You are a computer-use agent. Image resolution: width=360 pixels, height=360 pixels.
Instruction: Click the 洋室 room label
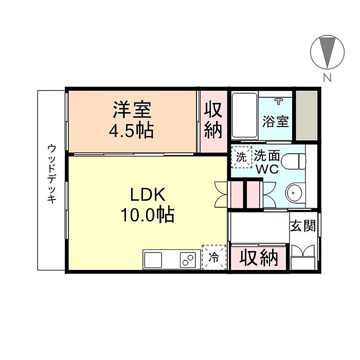tap(132, 110)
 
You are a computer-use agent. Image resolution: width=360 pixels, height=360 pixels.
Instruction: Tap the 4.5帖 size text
tap(131, 130)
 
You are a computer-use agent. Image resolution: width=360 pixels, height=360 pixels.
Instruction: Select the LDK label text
tap(148, 194)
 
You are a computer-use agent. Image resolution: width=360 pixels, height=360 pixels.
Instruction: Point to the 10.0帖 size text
tap(148, 215)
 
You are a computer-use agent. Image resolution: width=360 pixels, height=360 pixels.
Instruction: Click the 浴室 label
tap(276, 121)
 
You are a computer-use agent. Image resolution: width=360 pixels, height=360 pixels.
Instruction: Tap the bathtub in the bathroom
tap(244, 115)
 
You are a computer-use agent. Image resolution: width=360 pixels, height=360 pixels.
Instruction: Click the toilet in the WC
tap(294, 161)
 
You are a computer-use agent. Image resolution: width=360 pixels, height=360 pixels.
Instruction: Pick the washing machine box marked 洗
tap(241, 157)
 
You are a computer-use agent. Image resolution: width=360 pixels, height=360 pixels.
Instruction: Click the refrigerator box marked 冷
tap(214, 257)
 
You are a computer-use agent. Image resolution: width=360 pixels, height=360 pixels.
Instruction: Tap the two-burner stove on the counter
tap(188, 260)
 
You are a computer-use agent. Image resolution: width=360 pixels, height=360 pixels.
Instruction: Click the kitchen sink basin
tap(153, 260)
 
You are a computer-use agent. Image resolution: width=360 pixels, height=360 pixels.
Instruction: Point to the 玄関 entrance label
tap(303, 226)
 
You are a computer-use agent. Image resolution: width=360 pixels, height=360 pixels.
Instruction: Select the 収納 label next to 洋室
tap(213, 120)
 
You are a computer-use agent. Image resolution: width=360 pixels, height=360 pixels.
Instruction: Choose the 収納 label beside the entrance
tap(259, 258)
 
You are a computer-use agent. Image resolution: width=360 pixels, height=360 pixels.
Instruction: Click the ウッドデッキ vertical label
tap(52, 174)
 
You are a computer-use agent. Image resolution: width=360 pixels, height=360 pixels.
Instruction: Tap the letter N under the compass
tap(327, 78)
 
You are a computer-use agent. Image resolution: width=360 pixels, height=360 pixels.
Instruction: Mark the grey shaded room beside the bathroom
tap(307, 116)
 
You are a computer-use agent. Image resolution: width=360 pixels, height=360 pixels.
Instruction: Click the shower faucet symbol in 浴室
tap(279, 101)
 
